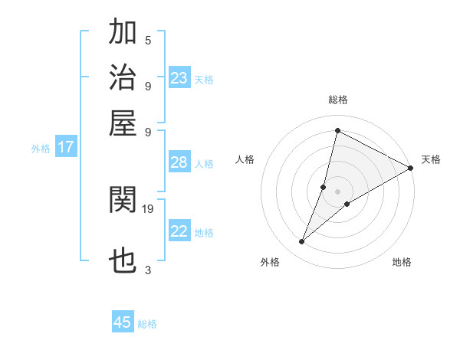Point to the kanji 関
123,200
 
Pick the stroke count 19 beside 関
148,208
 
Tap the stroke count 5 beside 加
148,41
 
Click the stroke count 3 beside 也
148,270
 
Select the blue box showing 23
179,78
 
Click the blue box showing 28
179,162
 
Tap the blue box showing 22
179,231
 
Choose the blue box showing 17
65,147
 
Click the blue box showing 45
123,322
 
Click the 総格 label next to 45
147,324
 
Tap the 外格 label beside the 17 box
41,149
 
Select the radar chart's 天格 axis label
431,159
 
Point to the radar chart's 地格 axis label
402,263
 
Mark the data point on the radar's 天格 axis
411,169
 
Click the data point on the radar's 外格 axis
302,242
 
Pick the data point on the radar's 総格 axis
337,130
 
